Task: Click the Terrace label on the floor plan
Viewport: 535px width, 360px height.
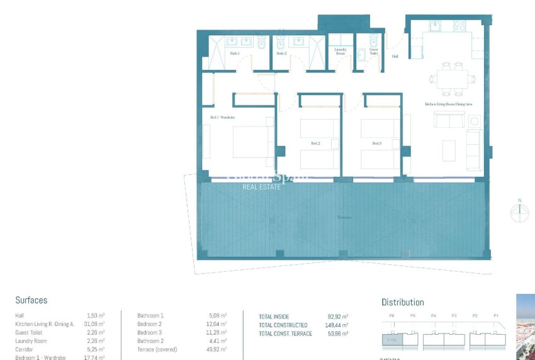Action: (344, 217)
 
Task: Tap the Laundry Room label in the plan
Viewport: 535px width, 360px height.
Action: (341, 52)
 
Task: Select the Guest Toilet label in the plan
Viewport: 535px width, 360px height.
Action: (374, 52)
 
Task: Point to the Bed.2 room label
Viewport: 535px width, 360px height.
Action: (315, 144)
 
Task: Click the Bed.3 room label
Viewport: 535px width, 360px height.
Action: (376, 143)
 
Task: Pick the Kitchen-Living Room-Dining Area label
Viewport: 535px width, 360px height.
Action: (448, 104)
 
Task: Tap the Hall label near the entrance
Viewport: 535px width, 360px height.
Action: (395, 57)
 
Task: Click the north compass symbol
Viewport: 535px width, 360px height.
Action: (520, 213)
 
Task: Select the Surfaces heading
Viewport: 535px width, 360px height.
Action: (31, 301)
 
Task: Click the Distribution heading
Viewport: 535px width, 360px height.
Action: (403, 302)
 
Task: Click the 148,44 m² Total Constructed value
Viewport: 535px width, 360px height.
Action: (337, 325)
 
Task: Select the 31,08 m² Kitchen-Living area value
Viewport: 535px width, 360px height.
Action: (94, 323)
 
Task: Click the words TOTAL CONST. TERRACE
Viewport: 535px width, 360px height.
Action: (286, 334)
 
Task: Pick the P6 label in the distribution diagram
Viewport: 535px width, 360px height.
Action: (391, 315)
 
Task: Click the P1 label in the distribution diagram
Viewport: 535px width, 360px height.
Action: (495, 315)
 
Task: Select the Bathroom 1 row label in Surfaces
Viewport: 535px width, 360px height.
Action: (150, 315)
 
